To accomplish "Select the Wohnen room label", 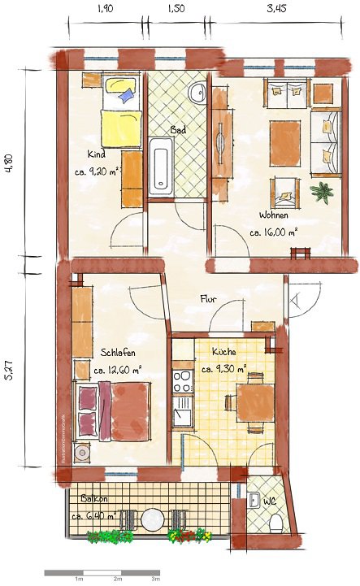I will [273, 216].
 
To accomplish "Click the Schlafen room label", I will [119, 354].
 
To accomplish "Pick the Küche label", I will [223, 352].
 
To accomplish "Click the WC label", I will [270, 501].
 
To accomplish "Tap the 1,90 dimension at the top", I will [105, 9].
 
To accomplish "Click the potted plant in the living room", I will [323, 192].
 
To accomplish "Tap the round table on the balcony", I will [152, 519].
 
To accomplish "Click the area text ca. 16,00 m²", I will [274, 232].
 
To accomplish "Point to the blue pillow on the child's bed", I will [125, 96].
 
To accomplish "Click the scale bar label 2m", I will [119, 580].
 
